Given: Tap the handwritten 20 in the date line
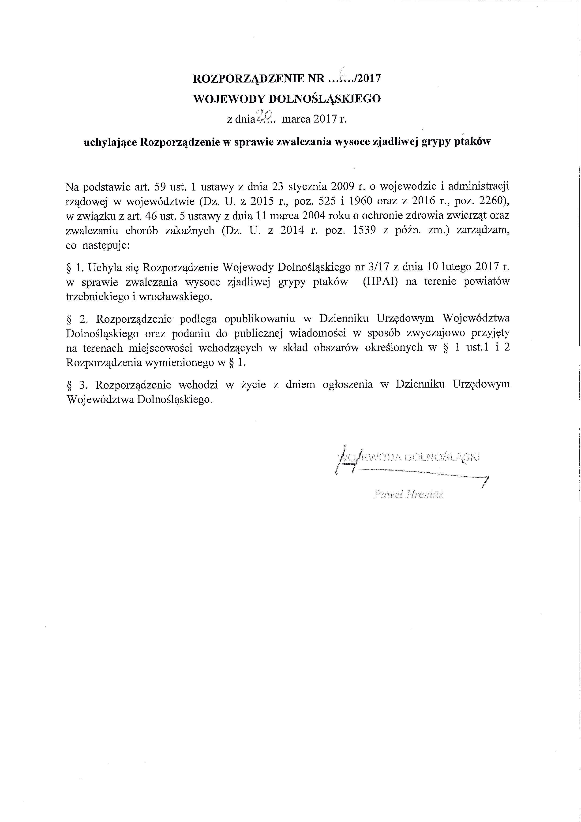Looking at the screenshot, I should click(264, 115).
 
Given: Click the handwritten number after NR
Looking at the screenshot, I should click(343, 74).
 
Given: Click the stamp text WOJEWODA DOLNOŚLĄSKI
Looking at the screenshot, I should click(408, 458).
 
